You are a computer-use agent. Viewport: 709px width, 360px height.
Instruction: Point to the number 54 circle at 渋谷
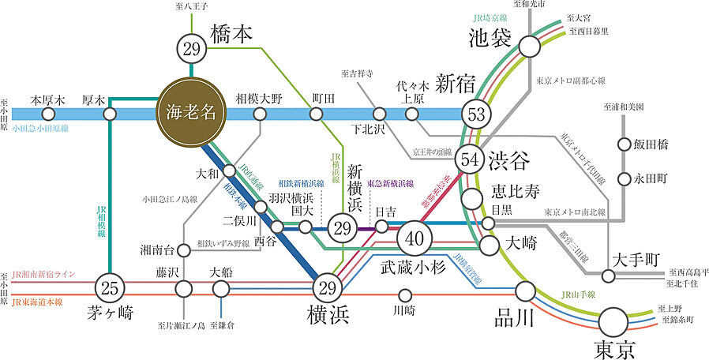point(471,159)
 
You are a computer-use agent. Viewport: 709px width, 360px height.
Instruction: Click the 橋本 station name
point(231,34)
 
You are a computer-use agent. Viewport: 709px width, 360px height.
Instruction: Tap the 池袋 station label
point(490,37)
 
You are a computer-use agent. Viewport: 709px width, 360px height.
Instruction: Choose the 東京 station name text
point(615,347)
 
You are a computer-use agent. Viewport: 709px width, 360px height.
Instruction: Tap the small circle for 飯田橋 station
point(625,144)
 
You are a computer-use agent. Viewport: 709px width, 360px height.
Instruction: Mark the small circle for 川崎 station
point(403,298)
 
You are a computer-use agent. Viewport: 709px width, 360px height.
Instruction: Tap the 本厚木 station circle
point(45,114)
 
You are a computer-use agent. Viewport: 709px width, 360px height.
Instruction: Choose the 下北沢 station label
point(368,129)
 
